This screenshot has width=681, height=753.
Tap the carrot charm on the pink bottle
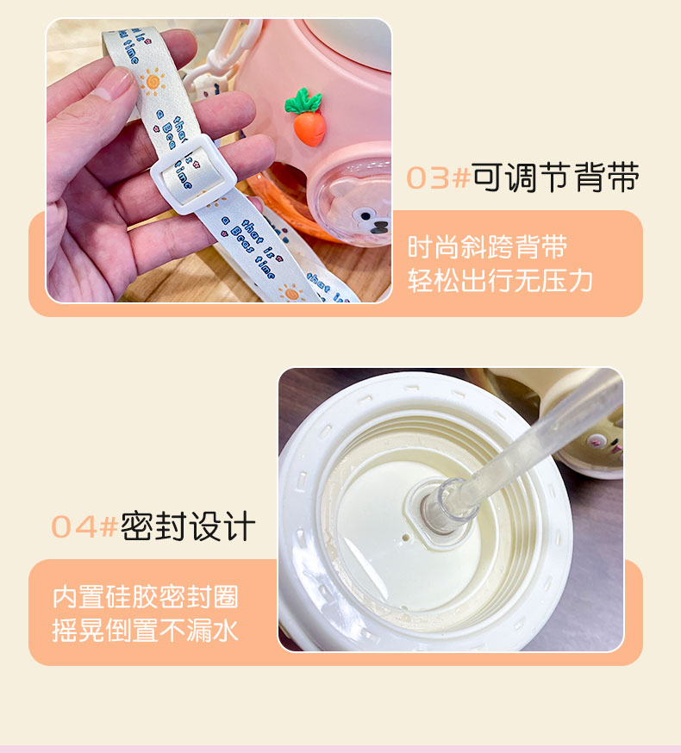(x=306, y=116)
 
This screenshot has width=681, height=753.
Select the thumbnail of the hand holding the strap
(x=219, y=161)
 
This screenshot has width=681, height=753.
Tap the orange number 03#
(x=438, y=178)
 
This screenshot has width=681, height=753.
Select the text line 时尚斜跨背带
(x=488, y=247)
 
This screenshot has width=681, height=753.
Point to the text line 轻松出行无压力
(x=501, y=281)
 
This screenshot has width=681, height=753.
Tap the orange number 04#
(x=84, y=526)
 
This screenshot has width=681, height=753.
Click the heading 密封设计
(x=188, y=526)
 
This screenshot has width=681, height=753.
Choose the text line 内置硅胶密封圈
(x=146, y=596)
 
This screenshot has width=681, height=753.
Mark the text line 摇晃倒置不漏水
(x=146, y=631)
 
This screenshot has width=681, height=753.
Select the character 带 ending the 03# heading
(x=623, y=177)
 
